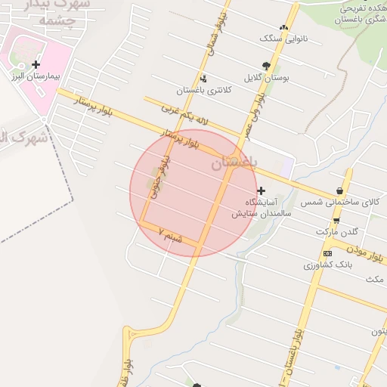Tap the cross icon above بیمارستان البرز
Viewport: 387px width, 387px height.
click(36, 65)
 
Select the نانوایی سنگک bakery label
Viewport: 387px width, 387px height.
click(274, 37)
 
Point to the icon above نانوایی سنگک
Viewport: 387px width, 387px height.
click(284, 26)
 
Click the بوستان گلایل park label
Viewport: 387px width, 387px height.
click(264, 77)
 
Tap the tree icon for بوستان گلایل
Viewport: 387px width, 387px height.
click(265, 66)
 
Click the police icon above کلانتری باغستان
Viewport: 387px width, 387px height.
click(203, 79)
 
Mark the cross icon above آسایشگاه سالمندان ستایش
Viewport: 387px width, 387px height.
click(262, 190)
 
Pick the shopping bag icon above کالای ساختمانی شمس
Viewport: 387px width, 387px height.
click(339, 190)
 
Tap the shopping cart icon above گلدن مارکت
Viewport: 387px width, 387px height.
click(336, 220)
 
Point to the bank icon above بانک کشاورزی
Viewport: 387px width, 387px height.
click(327, 253)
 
